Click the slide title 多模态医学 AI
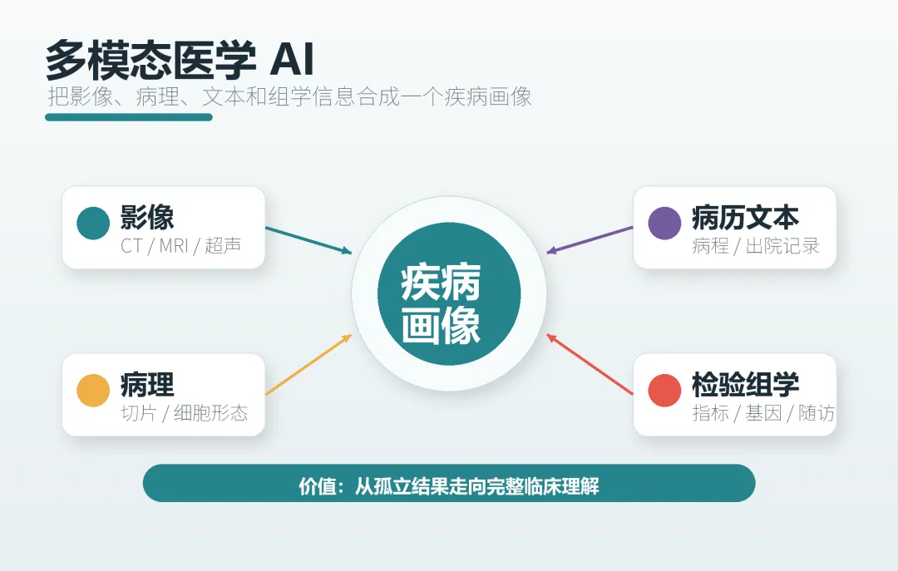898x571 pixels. tap(180, 60)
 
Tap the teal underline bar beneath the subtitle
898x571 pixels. tap(129, 117)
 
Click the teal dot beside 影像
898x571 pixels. tap(93, 223)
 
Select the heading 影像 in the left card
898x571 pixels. tap(147, 217)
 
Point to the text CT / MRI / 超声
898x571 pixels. tap(181, 246)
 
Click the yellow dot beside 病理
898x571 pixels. tap(93, 390)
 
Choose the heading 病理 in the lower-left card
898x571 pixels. tap(147, 384)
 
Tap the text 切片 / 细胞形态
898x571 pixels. tap(185, 413)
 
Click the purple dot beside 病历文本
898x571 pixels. tap(664, 223)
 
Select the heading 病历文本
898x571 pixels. tap(745, 217)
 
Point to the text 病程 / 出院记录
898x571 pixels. tap(756, 246)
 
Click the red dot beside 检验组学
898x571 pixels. tap(664, 390)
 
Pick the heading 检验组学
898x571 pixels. tap(745, 384)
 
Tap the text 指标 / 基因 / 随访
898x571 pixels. tap(762, 413)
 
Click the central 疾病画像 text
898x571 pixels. tap(441, 303)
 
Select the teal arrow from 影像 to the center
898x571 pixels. tap(308, 240)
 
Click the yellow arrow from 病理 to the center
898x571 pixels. tap(308, 364)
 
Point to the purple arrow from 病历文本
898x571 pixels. tap(590, 240)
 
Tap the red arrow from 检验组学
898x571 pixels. tap(590, 364)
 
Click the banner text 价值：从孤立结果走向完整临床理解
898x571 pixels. tap(449, 486)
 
